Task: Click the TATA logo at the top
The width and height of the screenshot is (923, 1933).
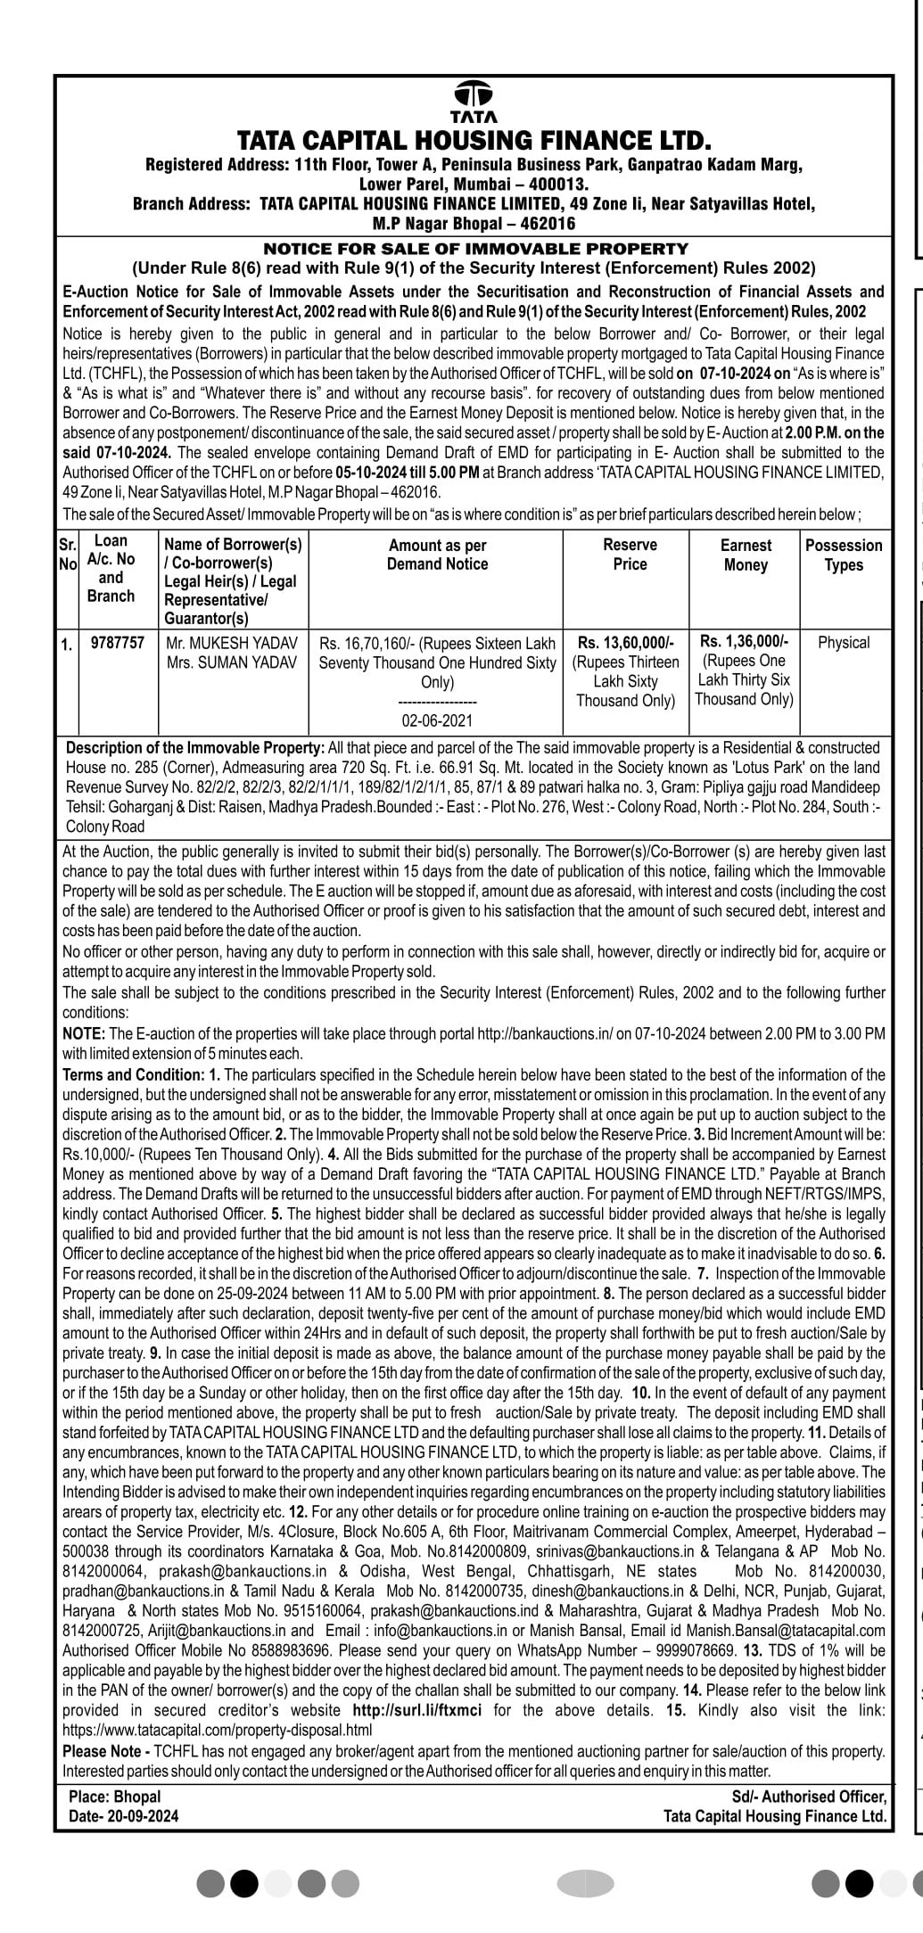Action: point(474,101)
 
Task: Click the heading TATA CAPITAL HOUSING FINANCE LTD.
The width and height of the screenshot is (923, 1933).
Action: point(474,141)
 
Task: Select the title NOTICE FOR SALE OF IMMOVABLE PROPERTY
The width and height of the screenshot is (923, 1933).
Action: point(474,249)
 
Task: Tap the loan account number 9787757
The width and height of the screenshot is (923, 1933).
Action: point(118,642)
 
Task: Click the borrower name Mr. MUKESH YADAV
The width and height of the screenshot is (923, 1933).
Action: point(232,643)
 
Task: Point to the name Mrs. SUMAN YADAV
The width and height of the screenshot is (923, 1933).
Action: point(232,662)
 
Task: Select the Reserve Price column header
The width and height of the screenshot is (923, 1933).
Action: point(630,555)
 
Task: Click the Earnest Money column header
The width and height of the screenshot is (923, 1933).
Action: point(746,555)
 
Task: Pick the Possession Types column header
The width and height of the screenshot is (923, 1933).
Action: point(844,555)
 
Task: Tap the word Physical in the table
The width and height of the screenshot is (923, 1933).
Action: point(844,642)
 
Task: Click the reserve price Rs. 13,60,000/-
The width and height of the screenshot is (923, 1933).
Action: point(626,643)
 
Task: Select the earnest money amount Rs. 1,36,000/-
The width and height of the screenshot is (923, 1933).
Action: point(745,641)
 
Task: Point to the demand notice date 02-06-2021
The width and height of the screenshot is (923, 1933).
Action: point(437,720)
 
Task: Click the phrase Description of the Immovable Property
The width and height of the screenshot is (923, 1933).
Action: point(195,748)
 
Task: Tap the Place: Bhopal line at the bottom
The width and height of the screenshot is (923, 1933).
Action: point(114,1797)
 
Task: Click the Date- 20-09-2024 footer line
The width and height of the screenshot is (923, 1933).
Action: point(123,1816)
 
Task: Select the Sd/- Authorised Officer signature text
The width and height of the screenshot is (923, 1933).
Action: point(809,1797)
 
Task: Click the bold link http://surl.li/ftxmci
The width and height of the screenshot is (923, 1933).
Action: point(418,1710)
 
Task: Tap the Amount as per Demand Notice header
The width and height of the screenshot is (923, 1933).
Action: point(437,555)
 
